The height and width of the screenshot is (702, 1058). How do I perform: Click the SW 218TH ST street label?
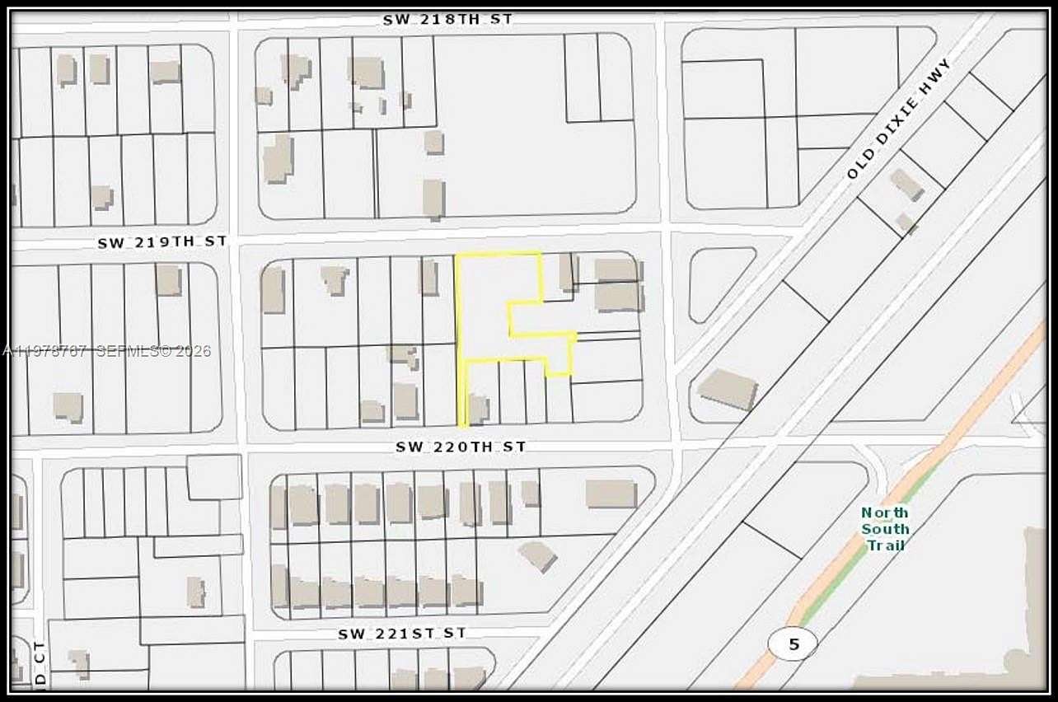pos(447,19)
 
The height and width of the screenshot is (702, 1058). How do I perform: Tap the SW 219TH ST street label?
pos(162,242)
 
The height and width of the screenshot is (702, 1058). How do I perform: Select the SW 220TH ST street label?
pos(461,447)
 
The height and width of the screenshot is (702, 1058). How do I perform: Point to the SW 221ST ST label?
pos(402,634)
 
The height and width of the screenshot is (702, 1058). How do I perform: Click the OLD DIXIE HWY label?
pos(900,119)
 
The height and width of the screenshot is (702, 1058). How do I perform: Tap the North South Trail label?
pos(886,528)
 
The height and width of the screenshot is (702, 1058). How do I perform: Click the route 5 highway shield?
pos(793,643)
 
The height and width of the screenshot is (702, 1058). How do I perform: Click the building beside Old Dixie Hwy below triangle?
pos(727,389)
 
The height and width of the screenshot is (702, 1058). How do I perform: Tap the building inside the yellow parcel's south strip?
pos(478,408)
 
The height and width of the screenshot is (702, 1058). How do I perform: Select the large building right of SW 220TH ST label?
pos(611,494)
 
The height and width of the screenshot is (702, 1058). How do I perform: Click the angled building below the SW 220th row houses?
pos(538,555)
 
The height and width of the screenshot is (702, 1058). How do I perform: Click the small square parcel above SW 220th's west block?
pos(214,477)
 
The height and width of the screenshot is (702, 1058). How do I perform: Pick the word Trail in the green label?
pos(886,545)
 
